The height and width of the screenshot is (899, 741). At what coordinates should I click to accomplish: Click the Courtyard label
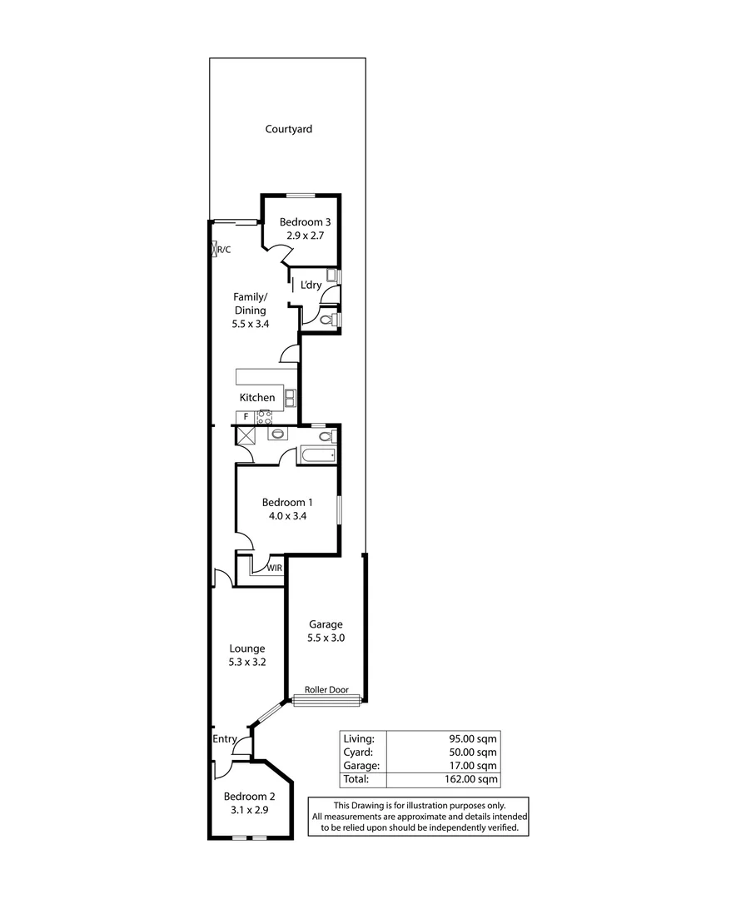tap(289, 129)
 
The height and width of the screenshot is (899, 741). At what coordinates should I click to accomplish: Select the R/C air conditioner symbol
tap(215, 248)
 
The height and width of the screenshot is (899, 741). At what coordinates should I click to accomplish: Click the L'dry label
tap(311, 286)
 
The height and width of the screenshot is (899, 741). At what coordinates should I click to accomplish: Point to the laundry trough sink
tap(331, 276)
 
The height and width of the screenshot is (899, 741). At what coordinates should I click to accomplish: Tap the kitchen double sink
tap(291, 398)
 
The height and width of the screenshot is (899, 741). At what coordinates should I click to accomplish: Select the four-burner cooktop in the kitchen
tap(265, 416)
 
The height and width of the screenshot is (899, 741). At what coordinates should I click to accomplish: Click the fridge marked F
tap(246, 416)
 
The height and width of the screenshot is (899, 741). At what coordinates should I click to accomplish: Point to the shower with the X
tap(246, 435)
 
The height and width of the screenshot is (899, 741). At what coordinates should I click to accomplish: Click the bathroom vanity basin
tap(276, 434)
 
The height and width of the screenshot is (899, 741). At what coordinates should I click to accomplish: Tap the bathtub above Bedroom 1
tap(317, 454)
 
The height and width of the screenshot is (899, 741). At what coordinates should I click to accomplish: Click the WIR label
tap(274, 568)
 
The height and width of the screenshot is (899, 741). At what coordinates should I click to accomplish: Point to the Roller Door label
tap(326, 690)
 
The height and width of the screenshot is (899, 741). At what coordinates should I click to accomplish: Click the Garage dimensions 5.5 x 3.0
tap(326, 638)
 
